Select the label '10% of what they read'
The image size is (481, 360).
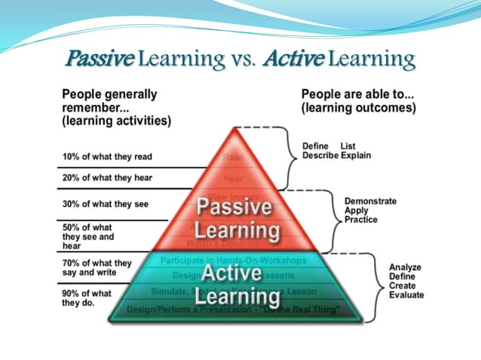(x=107, y=157)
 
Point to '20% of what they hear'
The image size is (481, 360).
(x=107, y=177)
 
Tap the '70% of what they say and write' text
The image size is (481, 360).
(x=97, y=267)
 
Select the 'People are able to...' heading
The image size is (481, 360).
(x=358, y=101)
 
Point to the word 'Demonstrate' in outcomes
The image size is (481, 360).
(x=370, y=201)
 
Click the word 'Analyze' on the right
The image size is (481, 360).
(x=405, y=267)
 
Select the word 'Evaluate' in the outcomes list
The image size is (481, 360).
(x=406, y=296)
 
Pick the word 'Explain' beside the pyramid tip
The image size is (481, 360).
(x=357, y=155)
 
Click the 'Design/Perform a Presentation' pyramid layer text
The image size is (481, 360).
(x=233, y=310)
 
